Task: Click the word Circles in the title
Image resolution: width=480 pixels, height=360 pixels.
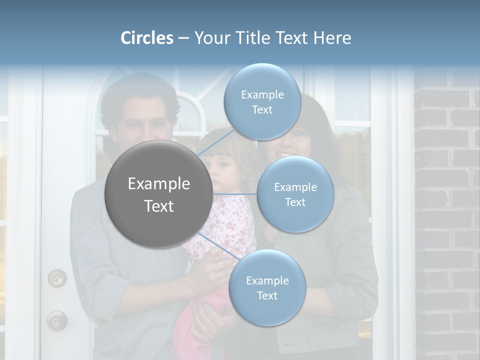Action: click(x=147, y=38)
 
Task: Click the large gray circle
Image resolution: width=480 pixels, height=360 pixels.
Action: click(x=158, y=194)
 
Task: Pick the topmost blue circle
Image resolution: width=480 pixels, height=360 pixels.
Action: click(x=262, y=102)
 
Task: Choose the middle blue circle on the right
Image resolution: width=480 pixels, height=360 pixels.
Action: click(x=295, y=194)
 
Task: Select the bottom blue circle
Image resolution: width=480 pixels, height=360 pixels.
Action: click(x=267, y=288)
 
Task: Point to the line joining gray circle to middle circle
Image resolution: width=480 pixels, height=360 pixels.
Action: click(x=235, y=194)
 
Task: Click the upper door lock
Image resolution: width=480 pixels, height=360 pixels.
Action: click(x=57, y=278)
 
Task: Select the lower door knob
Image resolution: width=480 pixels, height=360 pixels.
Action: click(x=57, y=320)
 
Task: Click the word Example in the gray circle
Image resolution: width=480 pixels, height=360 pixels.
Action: click(x=158, y=184)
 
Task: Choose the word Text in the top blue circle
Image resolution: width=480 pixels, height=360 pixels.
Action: click(x=262, y=110)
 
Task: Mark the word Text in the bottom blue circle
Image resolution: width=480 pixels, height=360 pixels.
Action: click(x=267, y=296)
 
